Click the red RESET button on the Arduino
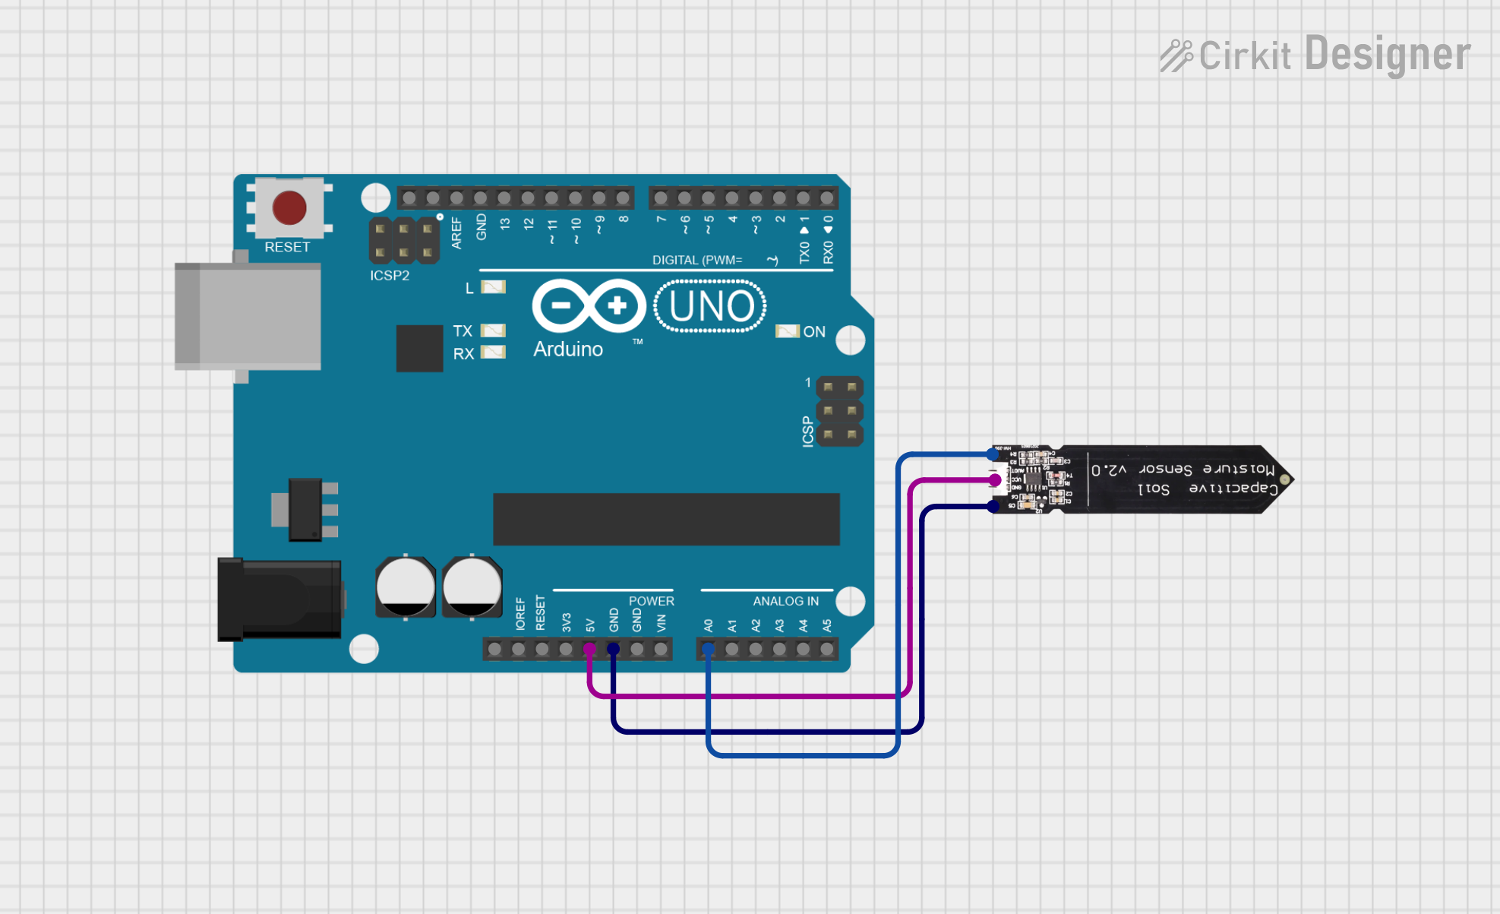pos(289,208)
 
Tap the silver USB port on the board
pos(248,316)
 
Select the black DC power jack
pos(279,599)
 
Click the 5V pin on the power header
pos(589,649)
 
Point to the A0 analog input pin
pos(708,649)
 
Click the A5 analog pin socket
pos(827,649)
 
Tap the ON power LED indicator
pos(787,331)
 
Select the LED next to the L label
pos(493,287)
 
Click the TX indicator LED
pos(493,330)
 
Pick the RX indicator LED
pos(493,352)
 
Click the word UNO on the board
pos(711,306)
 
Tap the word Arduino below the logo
pos(568,349)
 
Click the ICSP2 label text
pos(390,276)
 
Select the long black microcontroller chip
pos(666,519)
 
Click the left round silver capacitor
pos(406,587)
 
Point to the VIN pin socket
pos(661,649)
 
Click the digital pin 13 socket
pos(504,199)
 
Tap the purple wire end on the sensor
pos(995,480)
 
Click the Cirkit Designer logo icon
pos(1176,55)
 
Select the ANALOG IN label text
pos(785,601)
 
